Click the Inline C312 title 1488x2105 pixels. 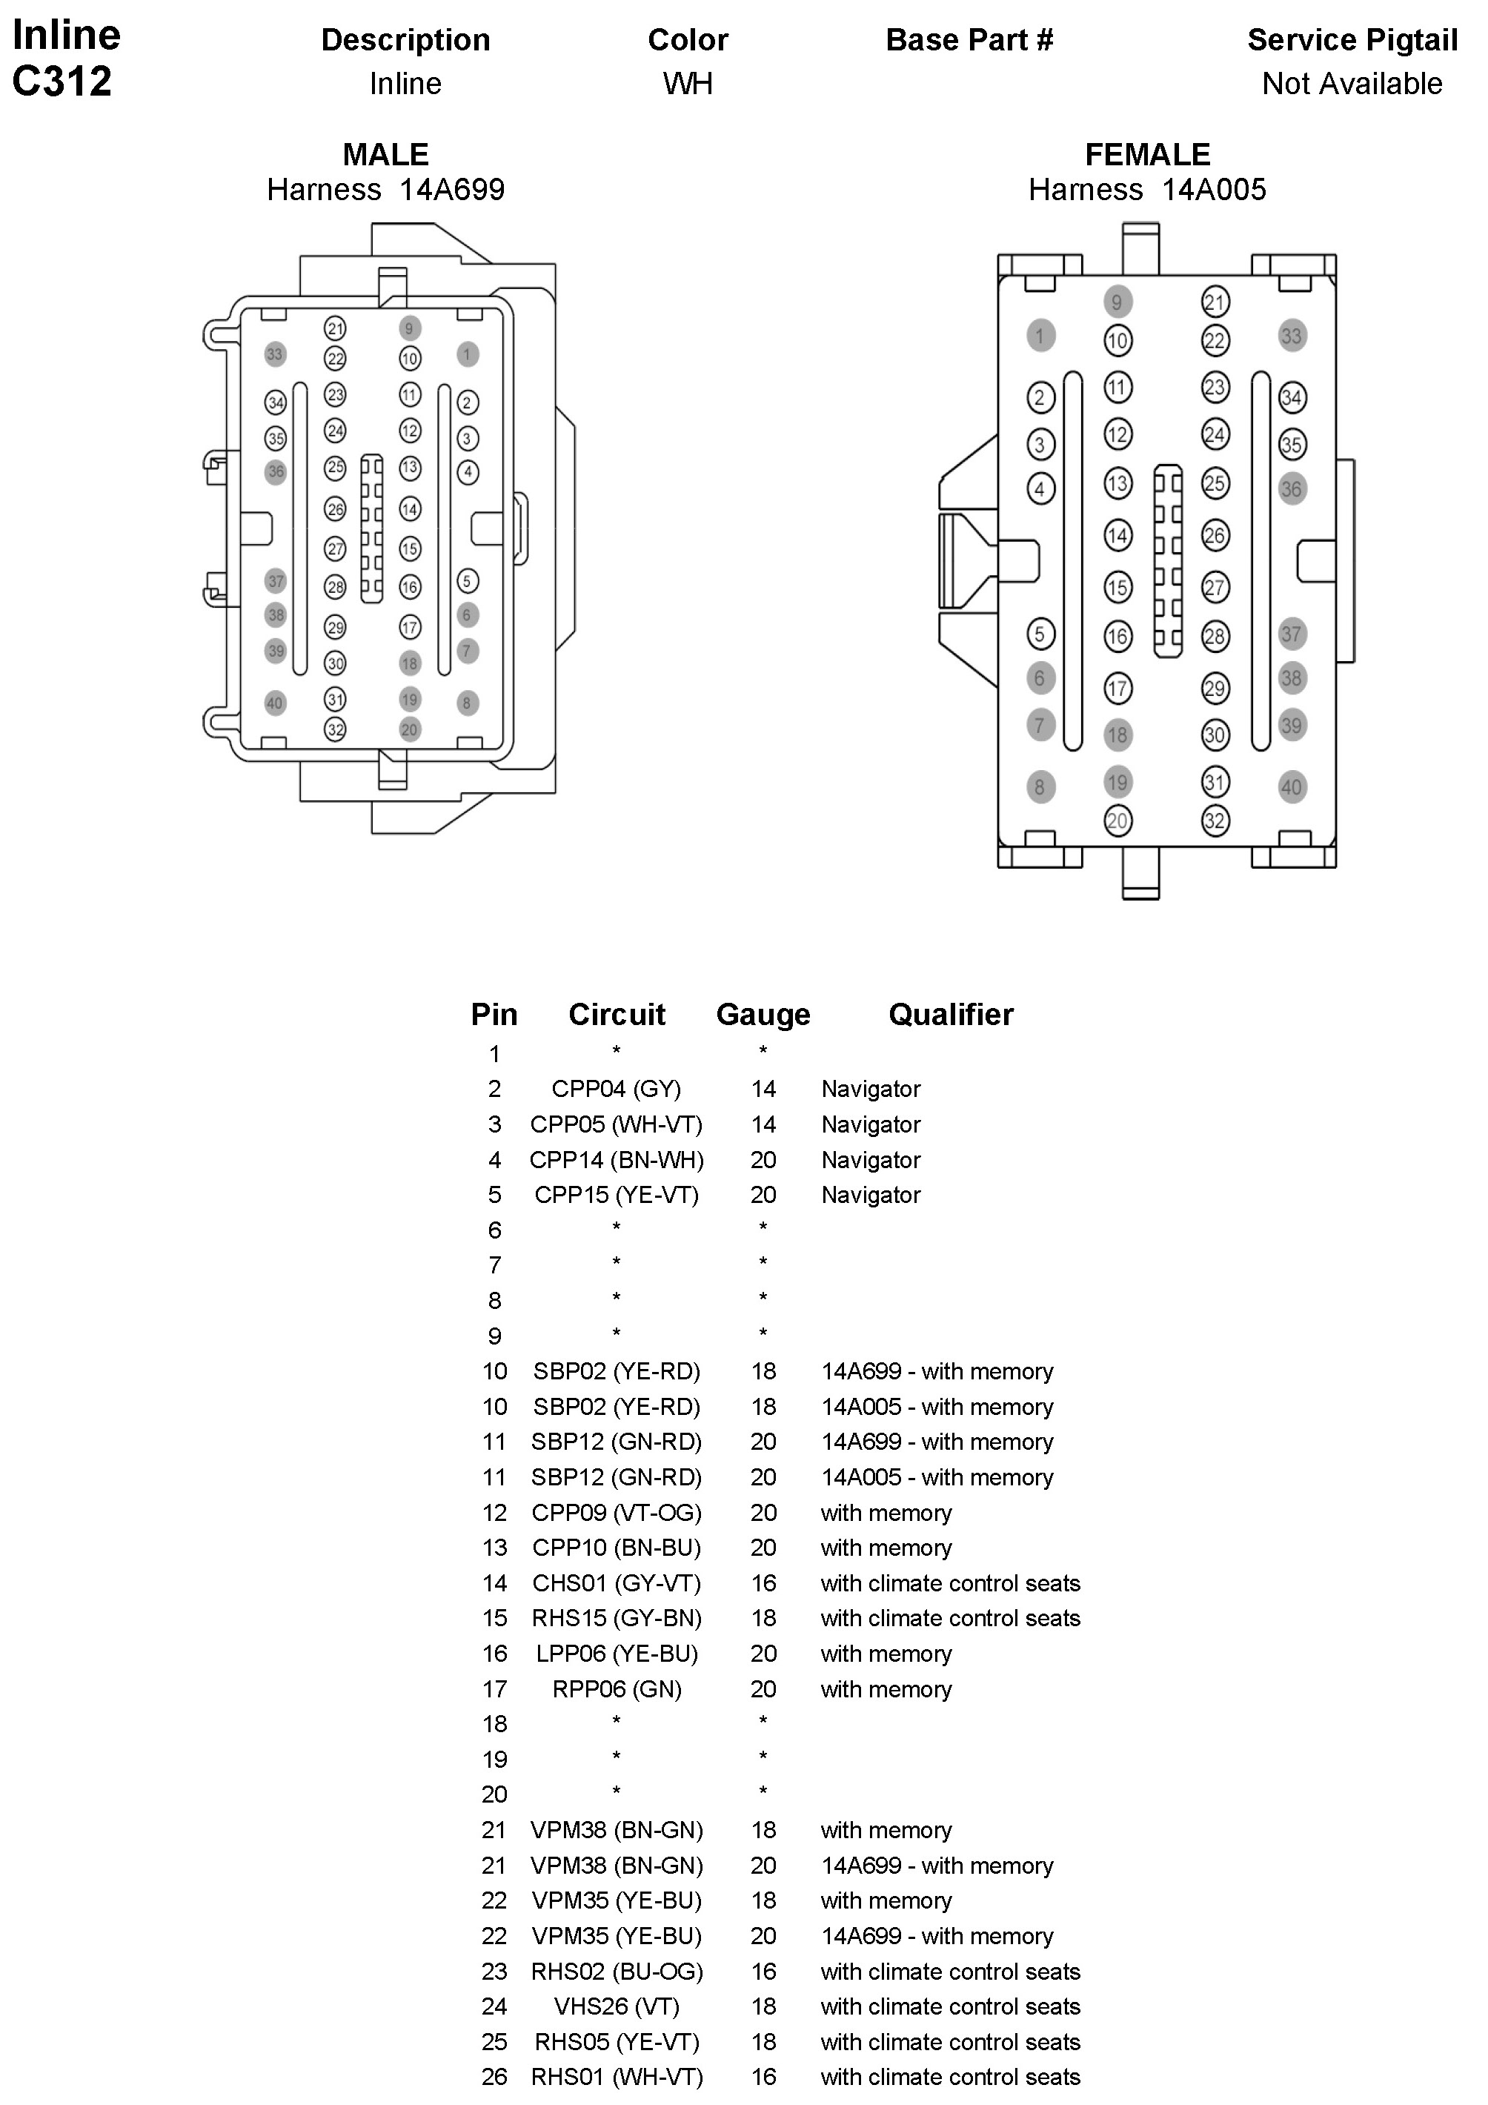tap(65, 58)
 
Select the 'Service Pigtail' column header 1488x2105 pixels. tap(1352, 40)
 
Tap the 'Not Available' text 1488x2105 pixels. tap(1352, 84)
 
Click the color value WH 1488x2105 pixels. tap(688, 84)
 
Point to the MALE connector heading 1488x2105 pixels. tap(385, 154)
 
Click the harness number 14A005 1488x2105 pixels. tap(1213, 190)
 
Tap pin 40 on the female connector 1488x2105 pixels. tap(1291, 786)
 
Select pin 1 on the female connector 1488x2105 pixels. tap(1040, 336)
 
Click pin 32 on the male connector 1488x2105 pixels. tap(336, 730)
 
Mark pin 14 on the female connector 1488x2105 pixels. tap(1117, 535)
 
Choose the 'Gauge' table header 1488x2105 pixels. tap(763, 1014)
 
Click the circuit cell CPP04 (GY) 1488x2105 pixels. tap(616, 1089)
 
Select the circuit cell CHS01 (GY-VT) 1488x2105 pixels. tap(616, 1583)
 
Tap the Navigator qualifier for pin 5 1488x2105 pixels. tap(870, 1196)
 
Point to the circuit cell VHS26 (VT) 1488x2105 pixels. tap(616, 2007)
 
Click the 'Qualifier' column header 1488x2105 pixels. tap(951, 1014)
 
